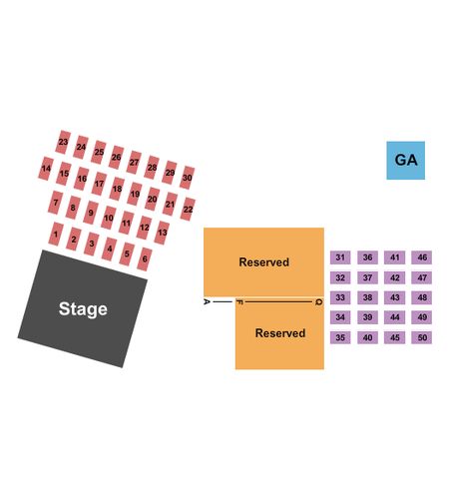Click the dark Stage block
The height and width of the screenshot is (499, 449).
coord(83,308)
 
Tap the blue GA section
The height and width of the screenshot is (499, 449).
coord(405,161)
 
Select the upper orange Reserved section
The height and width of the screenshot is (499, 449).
coord(263,261)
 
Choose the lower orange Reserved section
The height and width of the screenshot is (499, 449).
coord(279,333)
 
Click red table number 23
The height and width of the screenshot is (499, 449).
coord(63,142)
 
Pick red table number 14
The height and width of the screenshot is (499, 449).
coord(46,169)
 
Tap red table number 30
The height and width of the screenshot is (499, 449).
coord(187,178)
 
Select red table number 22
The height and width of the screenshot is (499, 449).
coord(188,210)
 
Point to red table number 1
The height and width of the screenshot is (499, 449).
coord(56,234)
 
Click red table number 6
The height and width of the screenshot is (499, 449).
coord(145,258)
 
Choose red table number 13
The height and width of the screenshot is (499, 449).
coord(162,233)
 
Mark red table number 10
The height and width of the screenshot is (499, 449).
coord(109,218)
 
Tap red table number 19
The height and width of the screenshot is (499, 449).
coord(135,194)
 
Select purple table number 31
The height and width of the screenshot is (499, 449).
coord(340,257)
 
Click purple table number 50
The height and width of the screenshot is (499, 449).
coord(422,337)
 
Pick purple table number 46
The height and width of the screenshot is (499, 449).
coord(422,257)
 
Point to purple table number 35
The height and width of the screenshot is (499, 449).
coord(340,337)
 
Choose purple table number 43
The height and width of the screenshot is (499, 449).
coord(394,297)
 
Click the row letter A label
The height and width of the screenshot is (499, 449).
coord(207,301)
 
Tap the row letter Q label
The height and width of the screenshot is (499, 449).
coord(318,302)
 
